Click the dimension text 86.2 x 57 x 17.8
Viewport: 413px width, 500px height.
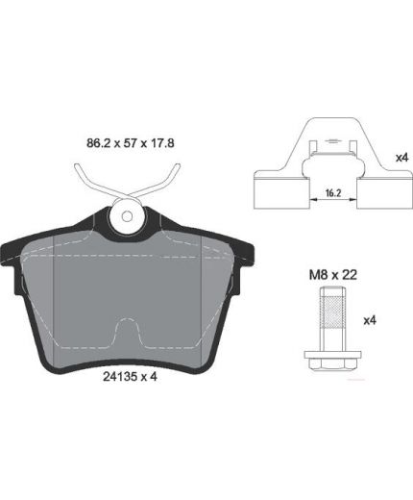(131, 143)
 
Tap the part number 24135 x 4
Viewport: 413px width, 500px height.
(130, 377)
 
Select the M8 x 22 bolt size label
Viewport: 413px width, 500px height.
(333, 275)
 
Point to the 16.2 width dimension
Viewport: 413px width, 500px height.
(333, 193)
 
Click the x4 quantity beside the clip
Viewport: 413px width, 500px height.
(402, 158)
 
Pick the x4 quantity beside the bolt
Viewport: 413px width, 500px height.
(370, 320)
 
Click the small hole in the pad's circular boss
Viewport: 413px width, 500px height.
(127, 216)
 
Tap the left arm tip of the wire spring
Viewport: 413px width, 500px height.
(77, 166)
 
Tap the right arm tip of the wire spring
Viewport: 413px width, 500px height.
(178, 166)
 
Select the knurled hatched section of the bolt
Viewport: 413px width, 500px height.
(333, 313)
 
